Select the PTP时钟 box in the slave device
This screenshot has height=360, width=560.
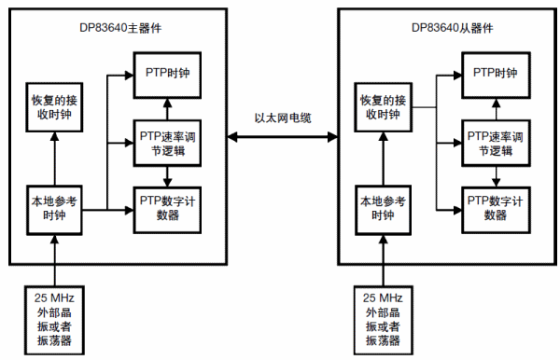tap(495, 73)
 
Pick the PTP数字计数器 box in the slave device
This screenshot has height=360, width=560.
tap(495, 207)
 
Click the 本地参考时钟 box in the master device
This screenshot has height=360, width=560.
tap(54, 207)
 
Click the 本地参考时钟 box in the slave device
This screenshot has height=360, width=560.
tap(383, 207)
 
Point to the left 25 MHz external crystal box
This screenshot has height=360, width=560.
tap(54, 318)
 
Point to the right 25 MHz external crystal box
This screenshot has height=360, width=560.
tap(383, 318)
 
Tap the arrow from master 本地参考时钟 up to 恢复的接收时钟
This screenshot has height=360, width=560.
tap(54, 159)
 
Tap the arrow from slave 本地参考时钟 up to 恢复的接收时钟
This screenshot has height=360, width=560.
tap(383, 159)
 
